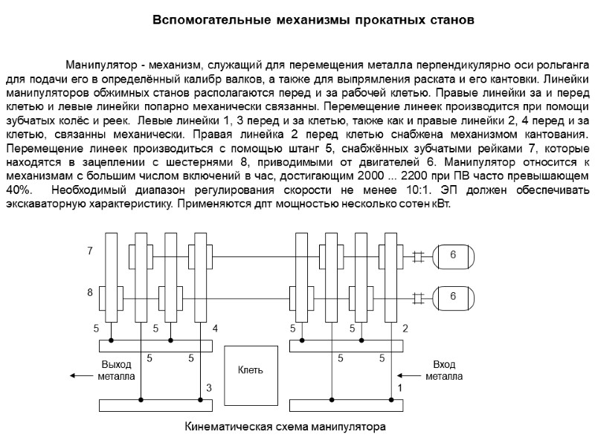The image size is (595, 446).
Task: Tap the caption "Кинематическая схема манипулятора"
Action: point(285,428)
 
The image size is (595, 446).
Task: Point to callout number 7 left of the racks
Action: point(89,251)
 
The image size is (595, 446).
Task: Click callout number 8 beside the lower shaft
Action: point(89,293)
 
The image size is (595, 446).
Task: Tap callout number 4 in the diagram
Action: point(215,328)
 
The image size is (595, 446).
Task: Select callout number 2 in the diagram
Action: point(405,328)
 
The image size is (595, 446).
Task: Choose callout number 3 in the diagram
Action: point(209,388)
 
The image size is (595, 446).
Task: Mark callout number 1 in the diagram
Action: point(399,388)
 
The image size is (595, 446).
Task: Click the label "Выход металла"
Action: point(116,370)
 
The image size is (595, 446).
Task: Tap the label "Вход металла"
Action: point(443,370)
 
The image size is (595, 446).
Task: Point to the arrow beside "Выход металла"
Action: point(78,375)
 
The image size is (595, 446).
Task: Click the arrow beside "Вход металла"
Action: point(411,375)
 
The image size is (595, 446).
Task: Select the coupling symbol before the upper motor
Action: point(418,256)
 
